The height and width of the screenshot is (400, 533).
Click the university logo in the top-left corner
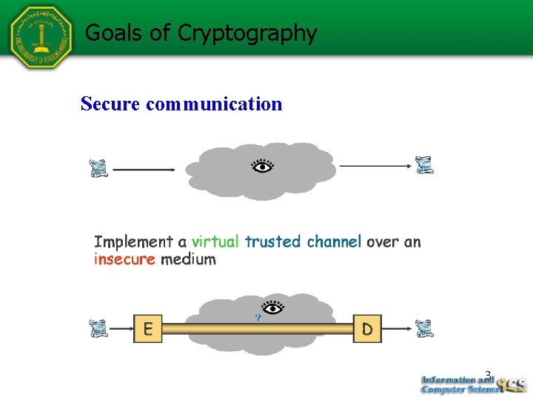click(x=40, y=37)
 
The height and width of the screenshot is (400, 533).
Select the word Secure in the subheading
click(x=110, y=104)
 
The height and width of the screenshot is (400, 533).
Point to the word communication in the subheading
click(x=214, y=104)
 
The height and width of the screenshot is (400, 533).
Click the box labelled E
click(x=147, y=328)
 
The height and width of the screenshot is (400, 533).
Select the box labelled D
click(x=367, y=328)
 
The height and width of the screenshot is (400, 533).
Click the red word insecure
click(x=124, y=259)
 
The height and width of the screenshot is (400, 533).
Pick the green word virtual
click(x=215, y=241)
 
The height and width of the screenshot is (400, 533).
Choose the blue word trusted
click(x=272, y=241)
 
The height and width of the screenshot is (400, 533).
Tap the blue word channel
click(x=334, y=241)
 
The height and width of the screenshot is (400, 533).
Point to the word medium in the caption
click(x=188, y=259)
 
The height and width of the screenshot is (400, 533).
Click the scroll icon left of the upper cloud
click(x=98, y=169)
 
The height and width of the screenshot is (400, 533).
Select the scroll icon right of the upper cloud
click(x=424, y=165)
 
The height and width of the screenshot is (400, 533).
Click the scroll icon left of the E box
click(x=98, y=328)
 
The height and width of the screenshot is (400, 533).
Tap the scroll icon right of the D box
click(x=424, y=328)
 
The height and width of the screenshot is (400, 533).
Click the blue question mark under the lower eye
click(x=258, y=317)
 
